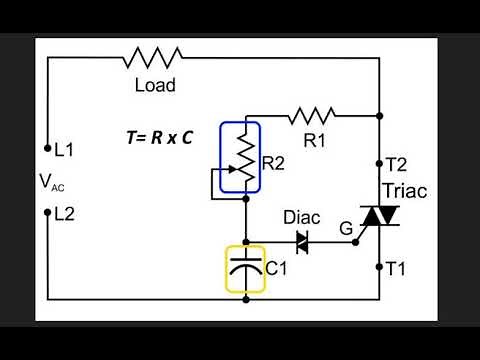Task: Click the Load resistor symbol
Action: coord(153,57)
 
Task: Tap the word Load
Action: coord(155,86)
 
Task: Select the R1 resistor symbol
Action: coord(315,116)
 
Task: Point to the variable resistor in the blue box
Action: coord(240,159)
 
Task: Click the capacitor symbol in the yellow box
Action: coord(245,267)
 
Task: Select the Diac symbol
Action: coord(299,241)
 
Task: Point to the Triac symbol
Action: coord(379,215)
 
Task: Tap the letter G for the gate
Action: coord(345,229)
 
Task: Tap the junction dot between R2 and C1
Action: coord(245,241)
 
